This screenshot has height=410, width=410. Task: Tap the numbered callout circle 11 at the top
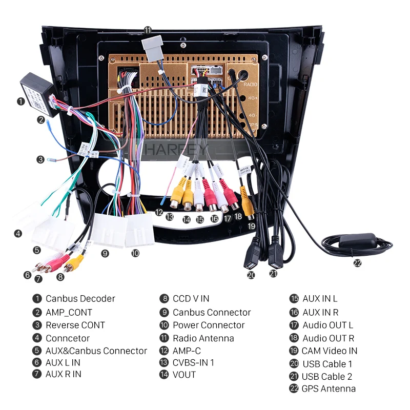[148, 30]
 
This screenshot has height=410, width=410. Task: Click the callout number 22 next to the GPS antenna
[357, 263]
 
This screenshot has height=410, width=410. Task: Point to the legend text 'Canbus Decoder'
[80, 298]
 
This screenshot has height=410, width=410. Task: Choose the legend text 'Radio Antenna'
[203, 338]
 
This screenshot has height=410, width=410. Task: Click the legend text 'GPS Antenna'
[329, 388]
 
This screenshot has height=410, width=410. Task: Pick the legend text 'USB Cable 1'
[327, 364]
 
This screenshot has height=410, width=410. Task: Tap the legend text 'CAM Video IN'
[330, 351]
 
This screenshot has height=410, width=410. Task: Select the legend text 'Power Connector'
[209, 325]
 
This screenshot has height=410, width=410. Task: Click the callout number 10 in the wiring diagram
[135, 253]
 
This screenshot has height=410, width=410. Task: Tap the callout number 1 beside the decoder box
[20, 101]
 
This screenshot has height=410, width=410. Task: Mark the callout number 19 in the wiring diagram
[251, 226]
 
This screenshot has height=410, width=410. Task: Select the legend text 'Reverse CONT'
[75, 325]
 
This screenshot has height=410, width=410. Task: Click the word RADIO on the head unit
[251, 84]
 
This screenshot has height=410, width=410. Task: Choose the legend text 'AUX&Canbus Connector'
[96, 351]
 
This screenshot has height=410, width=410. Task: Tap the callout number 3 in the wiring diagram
[40, 159]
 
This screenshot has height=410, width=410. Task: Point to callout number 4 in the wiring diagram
[18, 233]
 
